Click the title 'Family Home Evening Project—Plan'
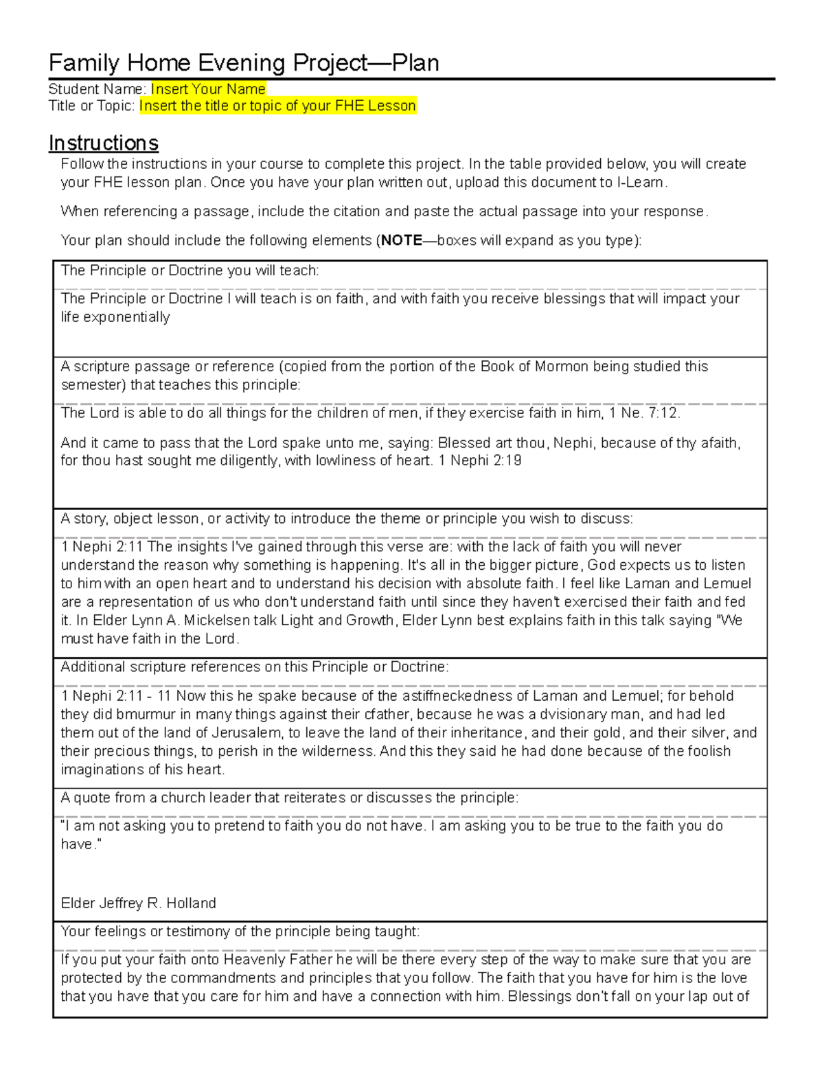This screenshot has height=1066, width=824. [x=244, y=63]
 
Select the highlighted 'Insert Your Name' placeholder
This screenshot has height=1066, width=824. [x=208, y=89]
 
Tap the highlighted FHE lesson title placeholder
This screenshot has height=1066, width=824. [x=277, y=106]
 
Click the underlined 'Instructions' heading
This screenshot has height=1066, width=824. [x=104, y=143]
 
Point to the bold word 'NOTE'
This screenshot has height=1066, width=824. [x=401, y=240]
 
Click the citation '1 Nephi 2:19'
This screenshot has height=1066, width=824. [x=479, y=461]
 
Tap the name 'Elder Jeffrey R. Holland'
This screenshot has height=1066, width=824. [x=138, y=903]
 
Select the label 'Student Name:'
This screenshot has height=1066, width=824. [x=97, y=89]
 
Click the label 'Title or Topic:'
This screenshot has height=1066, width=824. [x=91, y=106]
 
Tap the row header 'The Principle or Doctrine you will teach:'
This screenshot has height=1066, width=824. [x=190, y=270]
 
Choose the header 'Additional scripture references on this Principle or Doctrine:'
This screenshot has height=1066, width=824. [x=254, y=667]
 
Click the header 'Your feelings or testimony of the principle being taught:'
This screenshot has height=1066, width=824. [x=240, y=931]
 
